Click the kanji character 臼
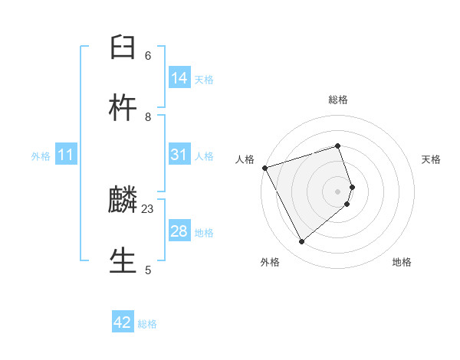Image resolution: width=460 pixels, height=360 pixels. [123, 50]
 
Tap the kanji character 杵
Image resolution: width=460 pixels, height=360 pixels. [123, 109]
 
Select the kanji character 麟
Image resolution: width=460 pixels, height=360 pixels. [123, 202]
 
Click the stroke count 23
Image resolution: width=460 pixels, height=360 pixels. [148, 209]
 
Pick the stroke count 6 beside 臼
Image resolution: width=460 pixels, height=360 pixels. [148, 56]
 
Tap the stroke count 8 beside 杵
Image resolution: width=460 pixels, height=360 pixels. [148, 116]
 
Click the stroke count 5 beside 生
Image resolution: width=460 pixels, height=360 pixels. [148, 270]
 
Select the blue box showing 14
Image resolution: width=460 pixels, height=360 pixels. [179, 78]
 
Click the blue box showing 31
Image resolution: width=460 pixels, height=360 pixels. [179, 155]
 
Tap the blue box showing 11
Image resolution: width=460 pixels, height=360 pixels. [66, 155]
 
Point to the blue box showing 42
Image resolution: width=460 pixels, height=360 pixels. [123, 322]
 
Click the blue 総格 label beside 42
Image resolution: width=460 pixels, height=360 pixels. [147, 324]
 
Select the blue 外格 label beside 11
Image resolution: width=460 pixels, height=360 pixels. [41, 156]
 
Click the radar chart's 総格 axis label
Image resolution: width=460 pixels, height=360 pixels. [338, 100]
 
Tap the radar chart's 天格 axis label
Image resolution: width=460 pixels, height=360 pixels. [432, 159]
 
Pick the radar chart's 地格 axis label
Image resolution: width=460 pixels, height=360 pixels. [402, 262]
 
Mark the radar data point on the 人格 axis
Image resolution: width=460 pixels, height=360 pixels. [264, 168]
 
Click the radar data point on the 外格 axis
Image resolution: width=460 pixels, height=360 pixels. [301, 242]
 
